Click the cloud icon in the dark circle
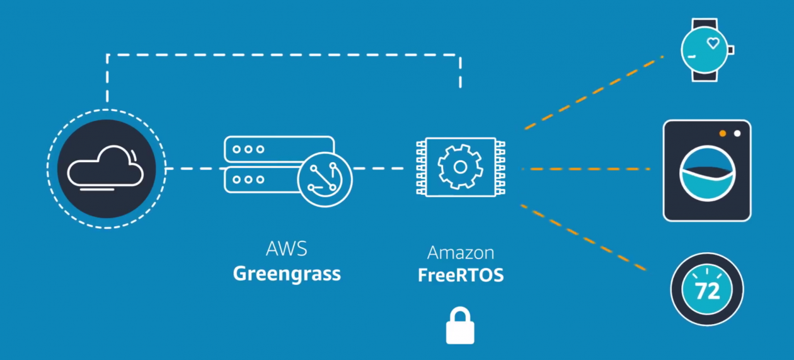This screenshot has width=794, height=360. tap(106, 168)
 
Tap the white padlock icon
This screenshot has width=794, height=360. tap(460, 327)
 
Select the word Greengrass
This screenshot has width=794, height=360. tap(287, 274)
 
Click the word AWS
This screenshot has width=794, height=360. tap(286, 249)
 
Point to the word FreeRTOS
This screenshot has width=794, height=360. tap(461, 276)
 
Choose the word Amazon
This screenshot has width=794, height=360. tap(461, 253)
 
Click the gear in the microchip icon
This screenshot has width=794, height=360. tap(461, 167)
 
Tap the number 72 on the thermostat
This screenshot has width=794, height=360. tap(707, 291)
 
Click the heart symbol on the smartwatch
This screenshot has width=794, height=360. tap(713, 43)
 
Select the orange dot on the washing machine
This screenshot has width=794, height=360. tap(723, 134)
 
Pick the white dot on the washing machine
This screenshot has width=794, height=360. tap(737, 134)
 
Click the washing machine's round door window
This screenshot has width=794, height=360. tap(707, 174)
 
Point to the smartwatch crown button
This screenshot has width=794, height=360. tap(731, 49)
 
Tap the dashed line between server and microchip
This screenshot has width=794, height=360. tap(378, 168)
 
